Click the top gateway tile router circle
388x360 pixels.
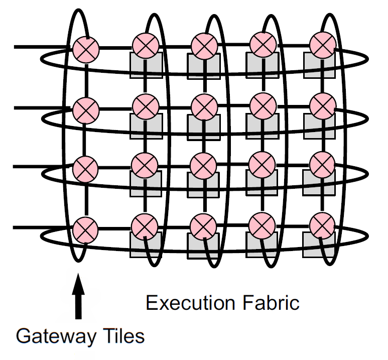tap(86, 49)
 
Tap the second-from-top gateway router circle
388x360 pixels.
tap(86, 108)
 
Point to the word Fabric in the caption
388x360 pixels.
tap(273, 303)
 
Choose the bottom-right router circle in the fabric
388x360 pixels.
tap(321, 224)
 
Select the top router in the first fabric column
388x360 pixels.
tap(146, 46)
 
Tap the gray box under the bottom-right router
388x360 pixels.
tap(320, 246)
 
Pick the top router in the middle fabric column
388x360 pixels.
tap(204, 46)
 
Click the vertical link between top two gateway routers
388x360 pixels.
tap(86, 78)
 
